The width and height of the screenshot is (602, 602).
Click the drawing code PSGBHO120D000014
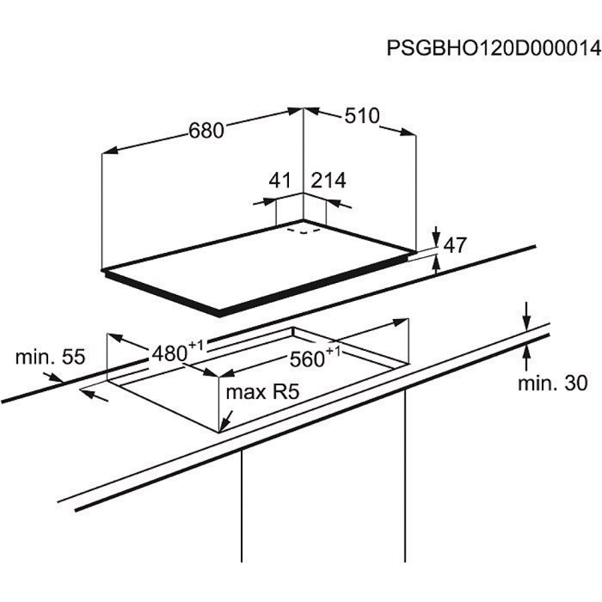(494, 48)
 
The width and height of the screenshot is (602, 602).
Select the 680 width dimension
(206, 131)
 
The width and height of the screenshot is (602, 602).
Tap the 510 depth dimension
(362, 116)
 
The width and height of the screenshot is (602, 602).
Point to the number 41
(279, 180)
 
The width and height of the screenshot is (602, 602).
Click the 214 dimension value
(329, 180)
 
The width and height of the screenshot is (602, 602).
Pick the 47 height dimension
(455, 245)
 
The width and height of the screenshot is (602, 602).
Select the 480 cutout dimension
(169, 353)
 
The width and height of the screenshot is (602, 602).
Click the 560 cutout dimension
(307, 359)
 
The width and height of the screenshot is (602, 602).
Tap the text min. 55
(50, 357)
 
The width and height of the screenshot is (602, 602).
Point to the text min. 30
(553, 384)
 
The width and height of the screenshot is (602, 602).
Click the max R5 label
(262, 392)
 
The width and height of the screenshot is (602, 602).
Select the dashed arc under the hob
(304, 231)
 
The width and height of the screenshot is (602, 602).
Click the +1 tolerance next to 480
(195, 345)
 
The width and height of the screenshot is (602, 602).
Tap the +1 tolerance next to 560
(333, 351)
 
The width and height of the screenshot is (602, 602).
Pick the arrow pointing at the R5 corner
(226, 421)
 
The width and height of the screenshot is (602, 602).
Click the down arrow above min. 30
(526, 316)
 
